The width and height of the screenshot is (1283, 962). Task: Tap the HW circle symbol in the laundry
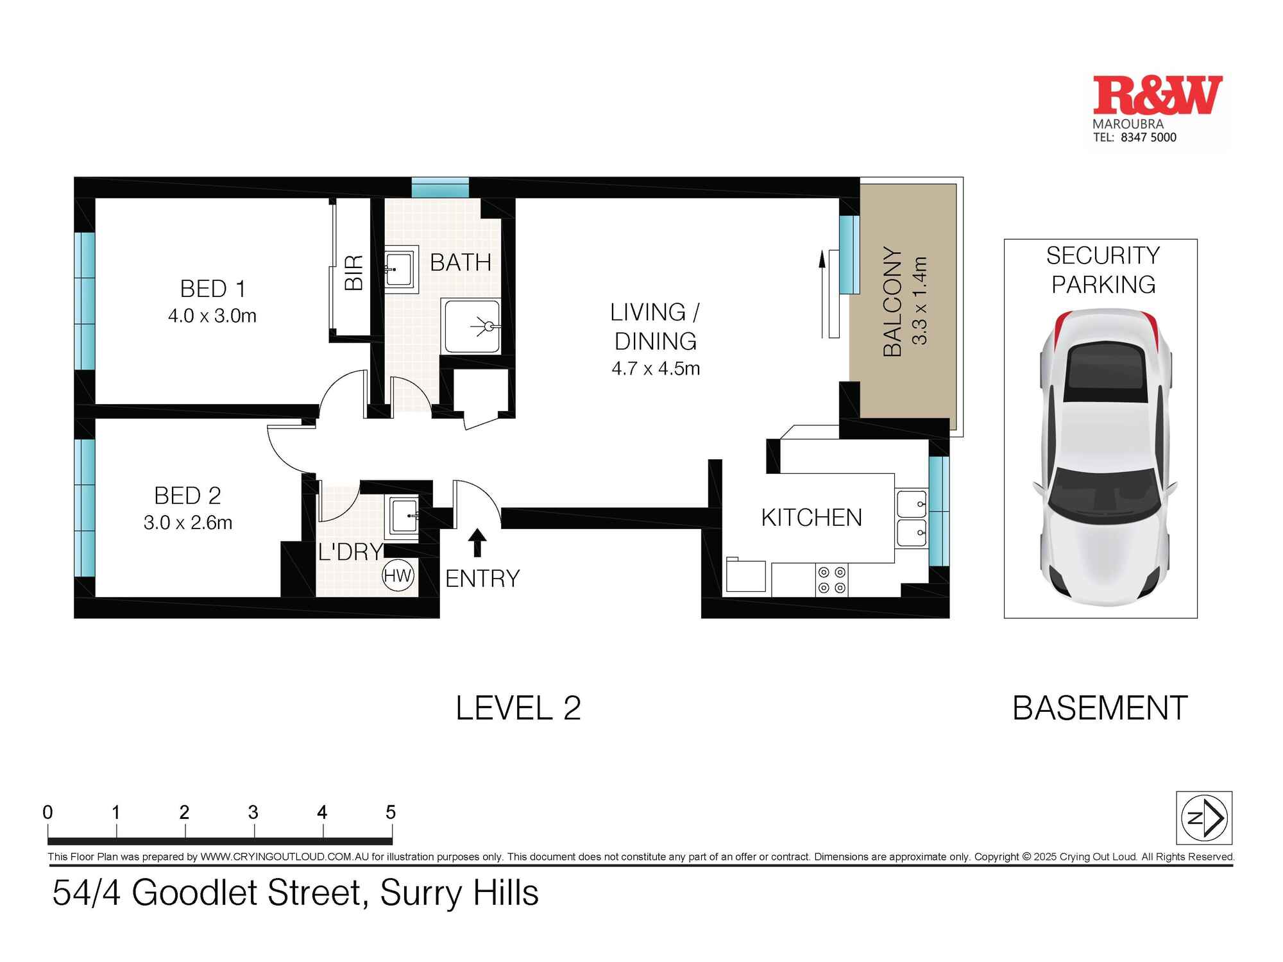(398, 575)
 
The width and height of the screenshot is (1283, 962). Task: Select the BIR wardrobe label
(354, 273)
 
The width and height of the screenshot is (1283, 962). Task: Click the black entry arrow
(477, 542)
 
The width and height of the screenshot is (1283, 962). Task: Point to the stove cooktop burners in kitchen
(832, 580)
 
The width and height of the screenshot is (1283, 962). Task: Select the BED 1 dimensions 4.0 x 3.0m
(212, 316)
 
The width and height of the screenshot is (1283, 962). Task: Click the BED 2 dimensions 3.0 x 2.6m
(188, 523)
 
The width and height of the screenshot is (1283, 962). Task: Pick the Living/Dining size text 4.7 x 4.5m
(656, 368)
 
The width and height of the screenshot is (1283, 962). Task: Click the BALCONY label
(893, 301)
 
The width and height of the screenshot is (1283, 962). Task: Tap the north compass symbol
(1203, 818)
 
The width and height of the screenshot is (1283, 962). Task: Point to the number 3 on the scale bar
(253, 813)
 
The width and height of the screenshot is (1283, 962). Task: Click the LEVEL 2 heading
(518, 708)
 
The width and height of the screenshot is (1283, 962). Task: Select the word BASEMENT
(1100, 708)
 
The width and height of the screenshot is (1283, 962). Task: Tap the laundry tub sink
(403, 516)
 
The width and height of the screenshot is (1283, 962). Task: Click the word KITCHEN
(811, 518)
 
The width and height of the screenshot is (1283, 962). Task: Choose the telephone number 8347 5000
(1148, 137)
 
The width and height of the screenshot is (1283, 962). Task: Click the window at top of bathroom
(440, 188)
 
